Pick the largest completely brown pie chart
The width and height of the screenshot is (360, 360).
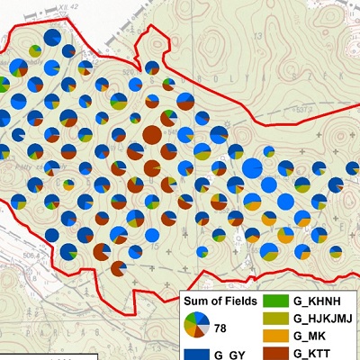(x=152, y=135)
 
